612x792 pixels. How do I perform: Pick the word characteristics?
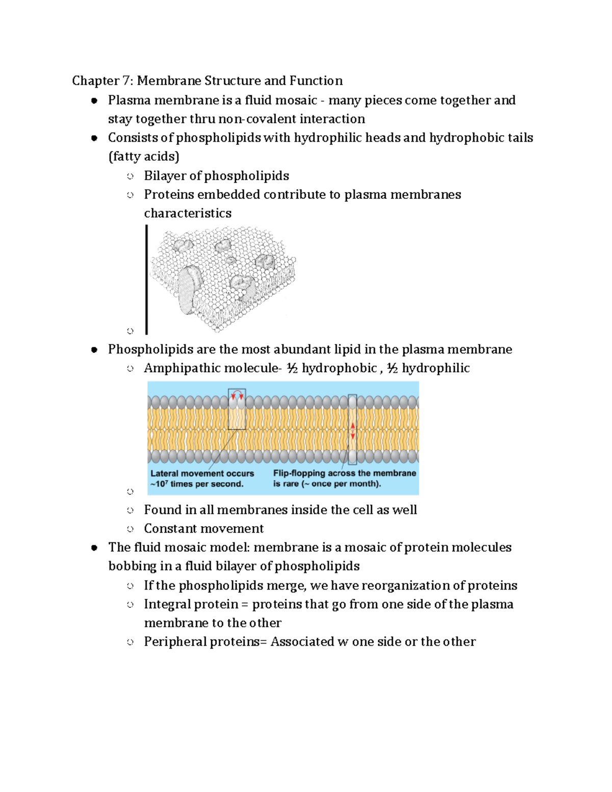(x=187, y=213)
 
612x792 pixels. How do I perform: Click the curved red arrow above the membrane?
(x=237, y=394)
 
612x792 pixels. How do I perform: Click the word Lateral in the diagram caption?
(x=164, y=473)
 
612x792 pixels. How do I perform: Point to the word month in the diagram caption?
(x=364, y=484)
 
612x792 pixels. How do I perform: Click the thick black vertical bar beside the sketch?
(x=147, y=279)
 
